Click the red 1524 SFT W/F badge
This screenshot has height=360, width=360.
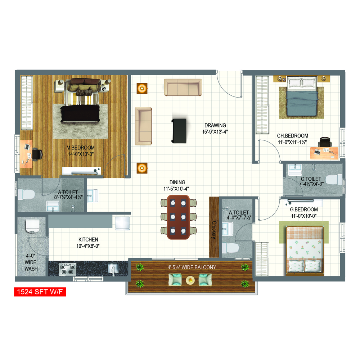pos(40,292)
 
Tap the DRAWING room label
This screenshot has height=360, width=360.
pos(215,125)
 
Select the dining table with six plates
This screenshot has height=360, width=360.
pos(179,217)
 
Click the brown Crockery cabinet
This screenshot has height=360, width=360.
pos(214,227)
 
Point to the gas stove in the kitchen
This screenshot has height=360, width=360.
pos(68,269)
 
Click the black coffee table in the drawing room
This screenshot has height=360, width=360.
pos(179,131)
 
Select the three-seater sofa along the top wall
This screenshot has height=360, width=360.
pos(183,87)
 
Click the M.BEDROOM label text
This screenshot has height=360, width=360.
pos(81,148)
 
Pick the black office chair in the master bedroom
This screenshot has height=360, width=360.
pos(37,154)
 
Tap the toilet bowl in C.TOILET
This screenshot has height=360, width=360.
pos(334,180)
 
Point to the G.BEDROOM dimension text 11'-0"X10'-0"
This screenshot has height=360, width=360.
pos(304,216)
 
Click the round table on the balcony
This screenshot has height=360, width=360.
pos(190,280)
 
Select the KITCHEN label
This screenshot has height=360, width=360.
pos(88,239)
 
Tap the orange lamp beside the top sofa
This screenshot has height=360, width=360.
pos(142,89)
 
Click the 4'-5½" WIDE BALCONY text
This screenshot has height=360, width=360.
pos(192,267)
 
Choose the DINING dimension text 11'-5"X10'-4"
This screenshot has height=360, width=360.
pos(176,189)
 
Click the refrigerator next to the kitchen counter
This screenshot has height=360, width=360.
pos(122,223)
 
